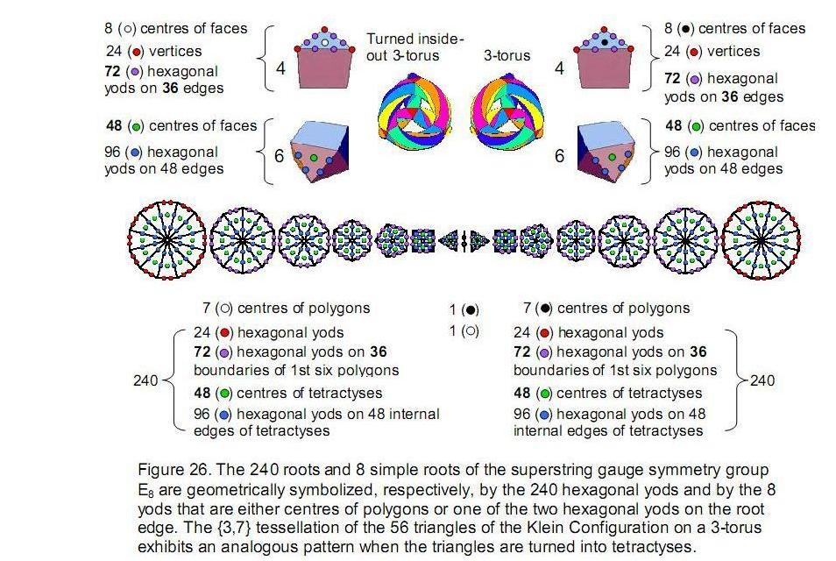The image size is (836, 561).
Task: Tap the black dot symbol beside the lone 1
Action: (471, 309)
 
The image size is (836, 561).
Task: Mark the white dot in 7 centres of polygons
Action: (225, 309)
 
